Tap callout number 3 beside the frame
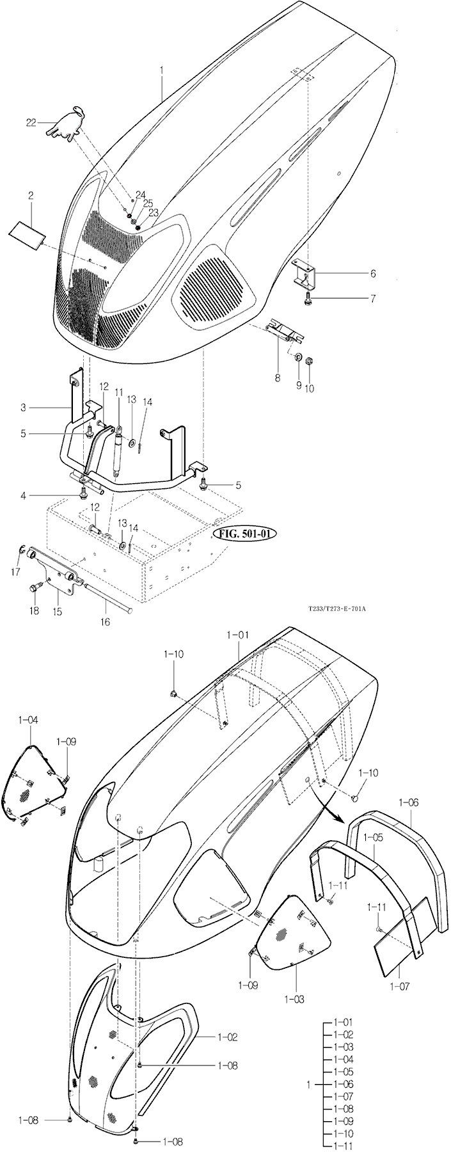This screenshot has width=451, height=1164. click(x=23, y=407)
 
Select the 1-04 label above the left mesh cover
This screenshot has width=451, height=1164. click(x=28, y=720)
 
